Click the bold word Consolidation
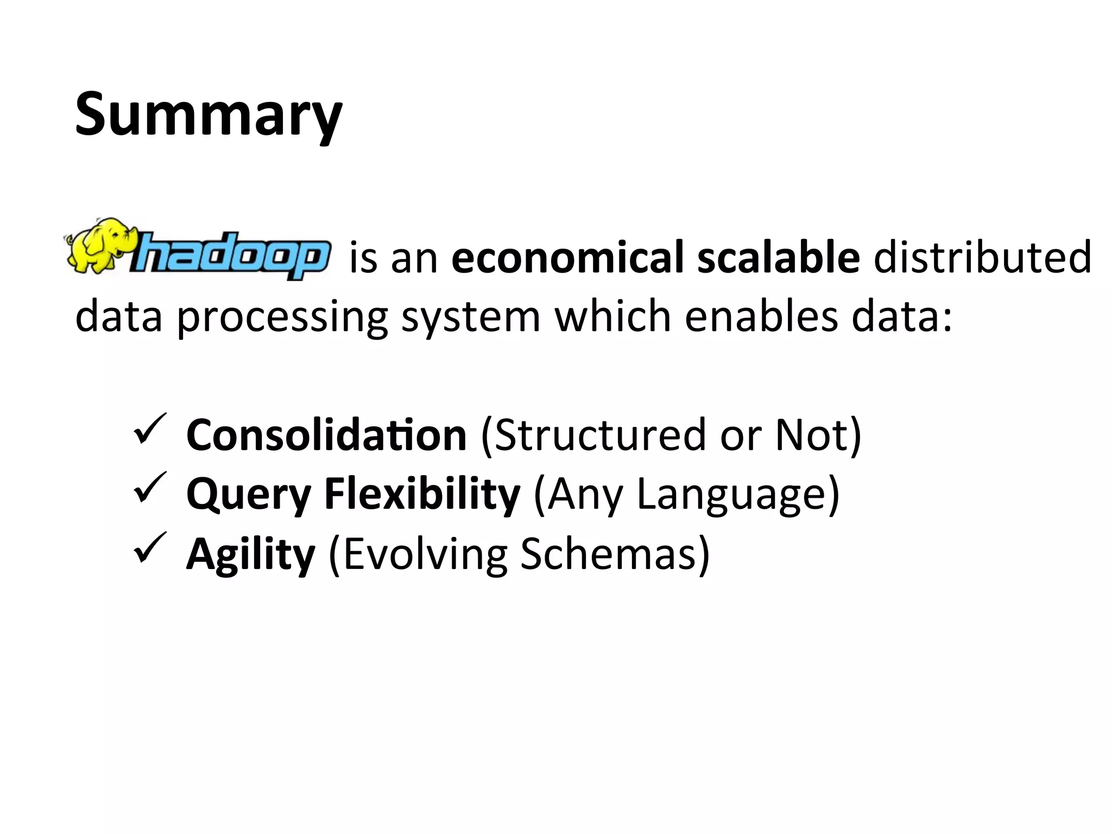[x=326, y=435]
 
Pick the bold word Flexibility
[x=422, y=494]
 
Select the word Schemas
[x=608, y=554]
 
